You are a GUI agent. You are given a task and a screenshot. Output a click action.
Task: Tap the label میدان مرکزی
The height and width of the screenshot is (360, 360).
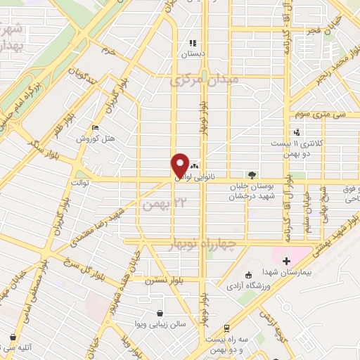(204, 81)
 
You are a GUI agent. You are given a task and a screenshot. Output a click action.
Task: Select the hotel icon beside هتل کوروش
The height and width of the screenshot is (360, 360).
(96, 128)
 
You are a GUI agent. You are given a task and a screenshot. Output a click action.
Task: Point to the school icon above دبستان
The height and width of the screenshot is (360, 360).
(192, 42)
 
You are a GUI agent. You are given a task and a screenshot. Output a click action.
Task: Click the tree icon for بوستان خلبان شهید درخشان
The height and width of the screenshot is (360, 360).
(252, 174)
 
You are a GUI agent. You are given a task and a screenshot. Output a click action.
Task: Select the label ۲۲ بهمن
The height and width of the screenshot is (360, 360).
(166, 204)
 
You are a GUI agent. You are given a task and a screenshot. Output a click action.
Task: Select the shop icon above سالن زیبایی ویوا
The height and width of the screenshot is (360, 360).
(161, 314)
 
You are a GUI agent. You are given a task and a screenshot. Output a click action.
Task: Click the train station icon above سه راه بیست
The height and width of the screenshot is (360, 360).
(226, 328)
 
